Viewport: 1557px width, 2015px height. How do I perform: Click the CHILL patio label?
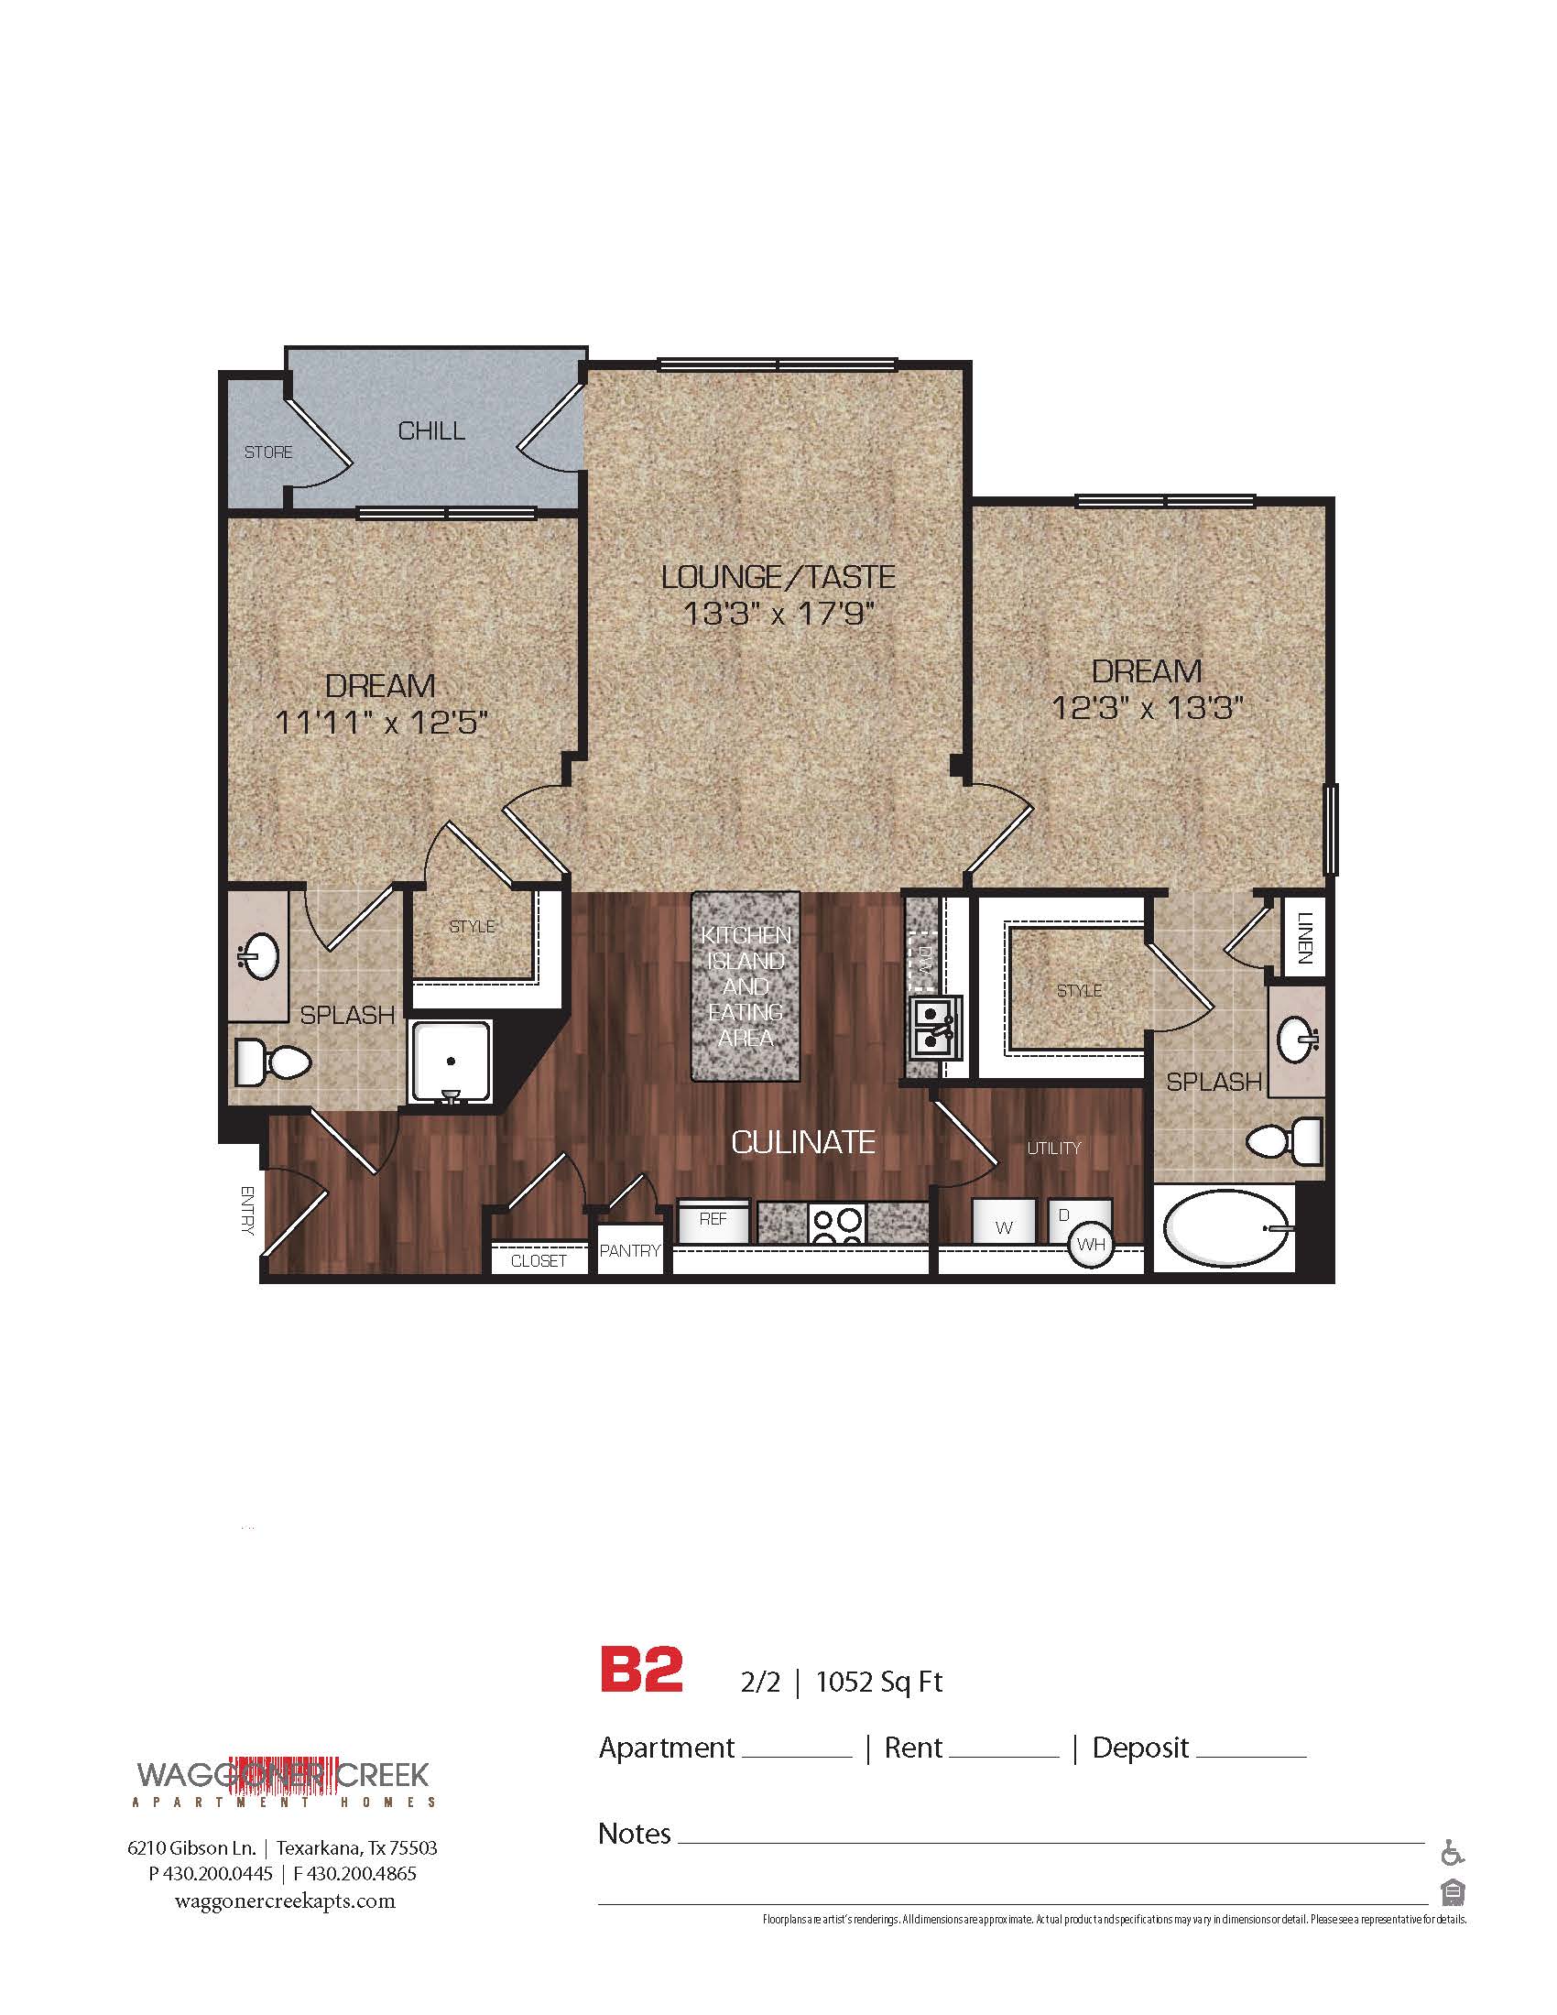[430, 430]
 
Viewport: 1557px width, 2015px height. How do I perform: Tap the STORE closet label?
[268, 452]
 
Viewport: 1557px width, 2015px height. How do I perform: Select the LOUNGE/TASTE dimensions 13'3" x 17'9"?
[778, 614]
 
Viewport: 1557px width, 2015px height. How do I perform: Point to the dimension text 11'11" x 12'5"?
[381, 723]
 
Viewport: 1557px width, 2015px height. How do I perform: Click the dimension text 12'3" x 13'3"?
[1148, 708]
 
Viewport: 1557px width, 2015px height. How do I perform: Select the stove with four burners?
[837, 1224]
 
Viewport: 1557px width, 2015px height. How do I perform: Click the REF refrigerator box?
[713, 1220]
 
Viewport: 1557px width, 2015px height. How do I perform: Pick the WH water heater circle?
[1090, 1245]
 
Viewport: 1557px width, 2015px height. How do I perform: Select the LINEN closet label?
[1304, 937]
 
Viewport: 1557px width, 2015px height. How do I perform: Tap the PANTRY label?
[630, 1251]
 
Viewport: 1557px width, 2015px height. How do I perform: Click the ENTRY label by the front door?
[246, 1210]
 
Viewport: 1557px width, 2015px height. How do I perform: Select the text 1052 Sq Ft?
[879, 1682]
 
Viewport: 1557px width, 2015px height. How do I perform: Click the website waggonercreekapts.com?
[284, 1901]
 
